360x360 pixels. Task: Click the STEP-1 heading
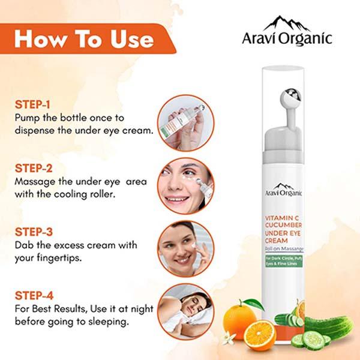32,104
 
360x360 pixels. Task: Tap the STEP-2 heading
34,168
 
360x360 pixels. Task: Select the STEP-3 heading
34,232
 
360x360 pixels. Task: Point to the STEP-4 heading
34,295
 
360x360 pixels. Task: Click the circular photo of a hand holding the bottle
186,123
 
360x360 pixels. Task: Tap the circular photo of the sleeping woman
186,312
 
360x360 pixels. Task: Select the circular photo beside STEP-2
186,186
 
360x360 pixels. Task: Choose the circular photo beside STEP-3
186,249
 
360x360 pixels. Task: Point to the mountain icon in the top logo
287,23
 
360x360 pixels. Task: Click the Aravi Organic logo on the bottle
284,190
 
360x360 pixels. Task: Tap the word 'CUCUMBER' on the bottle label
284,225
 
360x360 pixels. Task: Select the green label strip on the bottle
284,261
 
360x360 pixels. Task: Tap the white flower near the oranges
229,338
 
